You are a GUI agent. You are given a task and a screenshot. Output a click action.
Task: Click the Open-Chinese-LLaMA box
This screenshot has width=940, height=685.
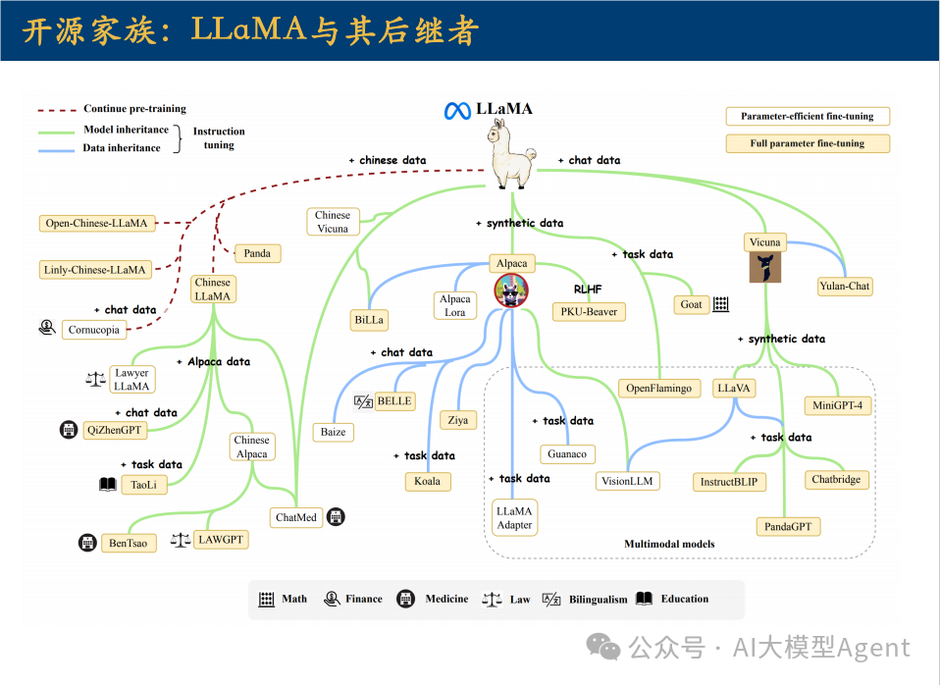tap(96, 223)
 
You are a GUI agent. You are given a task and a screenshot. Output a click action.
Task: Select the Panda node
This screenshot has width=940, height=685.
tap(257, 253)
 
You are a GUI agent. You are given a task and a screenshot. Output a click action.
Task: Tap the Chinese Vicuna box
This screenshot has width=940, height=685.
tap(333, 222)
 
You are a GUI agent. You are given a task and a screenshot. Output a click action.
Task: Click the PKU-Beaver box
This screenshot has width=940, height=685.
tap(588, 312)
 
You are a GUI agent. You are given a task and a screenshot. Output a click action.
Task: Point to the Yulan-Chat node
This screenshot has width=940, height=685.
tap(845, 287)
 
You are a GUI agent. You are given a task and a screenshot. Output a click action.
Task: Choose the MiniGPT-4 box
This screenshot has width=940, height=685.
tap(838, 405)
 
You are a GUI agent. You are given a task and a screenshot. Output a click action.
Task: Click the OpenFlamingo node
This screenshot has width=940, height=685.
tap(659, 388)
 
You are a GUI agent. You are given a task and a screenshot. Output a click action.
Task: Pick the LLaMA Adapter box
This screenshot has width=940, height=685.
tap(514, 518)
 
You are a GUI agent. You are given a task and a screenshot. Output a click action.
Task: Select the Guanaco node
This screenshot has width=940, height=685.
tap(567, 454)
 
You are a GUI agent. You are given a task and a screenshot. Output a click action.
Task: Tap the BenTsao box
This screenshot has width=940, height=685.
tap(130, 543)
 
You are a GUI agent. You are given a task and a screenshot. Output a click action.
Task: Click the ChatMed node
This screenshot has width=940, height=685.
tap(296, 517)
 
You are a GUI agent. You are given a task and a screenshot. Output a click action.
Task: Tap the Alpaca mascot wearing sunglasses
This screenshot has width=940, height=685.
tap(511, 290)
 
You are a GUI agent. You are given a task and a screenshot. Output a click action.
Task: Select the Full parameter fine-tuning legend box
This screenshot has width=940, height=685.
tap(807, 143)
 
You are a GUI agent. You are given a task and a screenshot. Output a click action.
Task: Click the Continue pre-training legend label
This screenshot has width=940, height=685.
tap(134, 109)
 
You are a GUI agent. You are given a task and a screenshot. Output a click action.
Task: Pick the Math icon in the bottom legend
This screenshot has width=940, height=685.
tap(266, 600)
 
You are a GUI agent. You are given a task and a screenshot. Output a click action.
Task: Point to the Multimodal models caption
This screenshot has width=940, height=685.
tap(669, 544)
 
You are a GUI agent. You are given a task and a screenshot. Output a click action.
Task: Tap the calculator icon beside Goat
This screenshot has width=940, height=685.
tap(721, 304)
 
